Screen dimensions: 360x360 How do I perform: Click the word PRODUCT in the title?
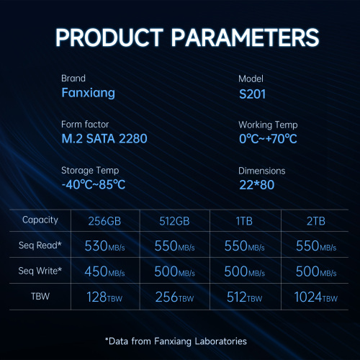[x=109, y=37]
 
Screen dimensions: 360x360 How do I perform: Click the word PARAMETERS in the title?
[x=245, y=37]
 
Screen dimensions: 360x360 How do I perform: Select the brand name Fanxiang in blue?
[x=88, y=93]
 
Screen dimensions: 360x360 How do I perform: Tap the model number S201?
[x=252, y=94]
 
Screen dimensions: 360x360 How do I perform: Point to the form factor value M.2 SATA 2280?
[x=104, y=138]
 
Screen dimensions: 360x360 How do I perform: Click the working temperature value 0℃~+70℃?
[x=268, y=139]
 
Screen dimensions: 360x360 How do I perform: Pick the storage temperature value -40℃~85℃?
[x=94, y=184]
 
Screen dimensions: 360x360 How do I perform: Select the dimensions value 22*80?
[x=256, y=185]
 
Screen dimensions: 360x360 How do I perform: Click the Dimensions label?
[x=262, y=171]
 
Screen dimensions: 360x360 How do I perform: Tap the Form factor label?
[x=85, y=125]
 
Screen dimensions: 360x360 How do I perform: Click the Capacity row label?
[x=40, y=220]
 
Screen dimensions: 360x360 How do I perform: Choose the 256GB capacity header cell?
[x=104, y=221]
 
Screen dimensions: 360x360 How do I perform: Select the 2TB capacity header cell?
[x=316, y=221]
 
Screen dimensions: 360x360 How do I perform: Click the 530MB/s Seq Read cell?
[x=104, y=246]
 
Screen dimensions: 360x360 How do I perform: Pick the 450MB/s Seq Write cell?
[x=104, y=271]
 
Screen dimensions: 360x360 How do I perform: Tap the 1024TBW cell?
[x=316, y=297]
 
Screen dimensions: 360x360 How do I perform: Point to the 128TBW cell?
[x=104, y=297]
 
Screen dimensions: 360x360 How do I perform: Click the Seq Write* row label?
[x=40, y=271]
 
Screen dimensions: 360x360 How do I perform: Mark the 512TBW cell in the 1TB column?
[x=245, y=297]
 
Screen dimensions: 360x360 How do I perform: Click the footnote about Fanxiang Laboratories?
[x=176, y=341]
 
